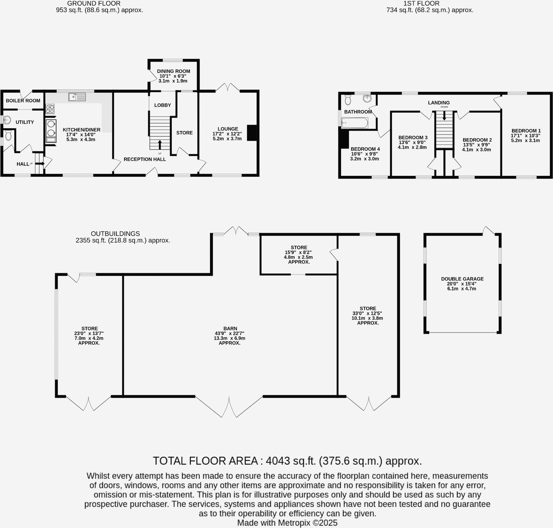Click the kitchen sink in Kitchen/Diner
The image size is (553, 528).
pos(77,97)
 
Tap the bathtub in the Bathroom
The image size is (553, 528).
pos(354,123)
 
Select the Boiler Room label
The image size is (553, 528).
pos(23,100)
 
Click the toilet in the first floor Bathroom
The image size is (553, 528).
pos(348,100)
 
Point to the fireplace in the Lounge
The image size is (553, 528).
pos(252,133)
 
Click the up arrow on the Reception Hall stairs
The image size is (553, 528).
pos(160,145)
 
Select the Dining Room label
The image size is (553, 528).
pos(173,71)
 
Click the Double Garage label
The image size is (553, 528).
pos(462,279)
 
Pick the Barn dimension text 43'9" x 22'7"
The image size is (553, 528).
pos(230,333)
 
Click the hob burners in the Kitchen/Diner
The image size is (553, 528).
pos(50,109)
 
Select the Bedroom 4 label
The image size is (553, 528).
pos(365,149)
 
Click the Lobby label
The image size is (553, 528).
pos(162,105)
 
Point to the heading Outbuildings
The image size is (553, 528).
pos(115,234)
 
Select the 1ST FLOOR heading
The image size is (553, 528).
pos(421,3)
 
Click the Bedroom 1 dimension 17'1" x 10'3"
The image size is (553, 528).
pos(525,135)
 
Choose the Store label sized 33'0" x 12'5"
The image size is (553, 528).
pos(367,308)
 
